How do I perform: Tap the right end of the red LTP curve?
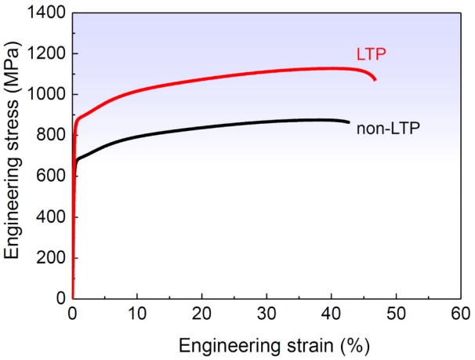(x=375, y=79)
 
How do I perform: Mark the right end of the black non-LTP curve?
(x=348, y=122)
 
